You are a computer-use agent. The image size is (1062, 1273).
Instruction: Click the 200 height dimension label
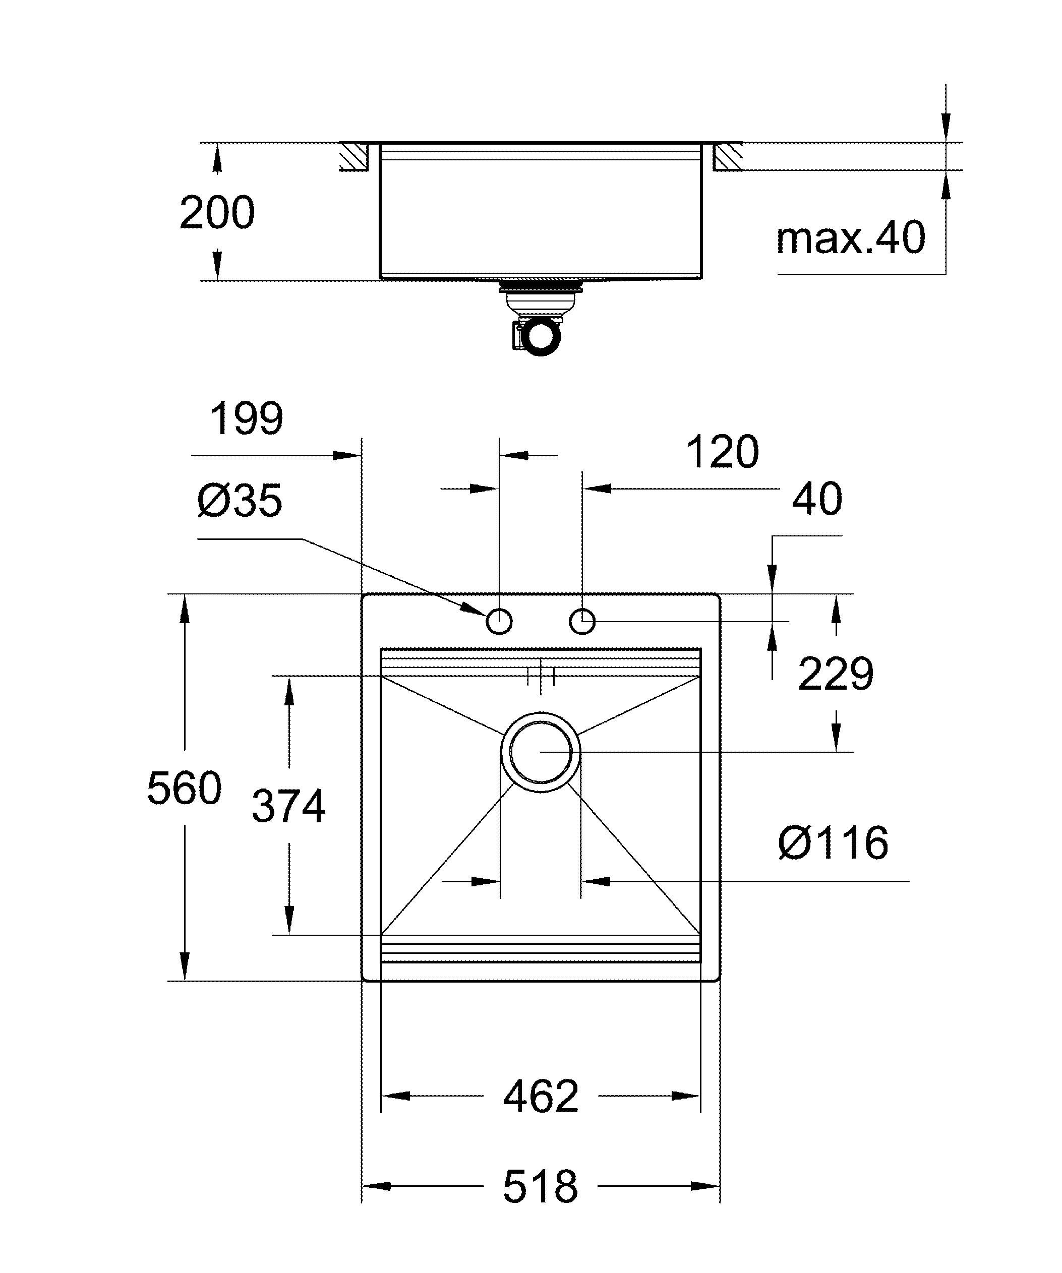pyautogui.click(x=217, y=213)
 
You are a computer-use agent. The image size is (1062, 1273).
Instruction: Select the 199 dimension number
pyautogui.click(x=246, y=418)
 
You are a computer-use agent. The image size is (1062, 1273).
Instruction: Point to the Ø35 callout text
pyautogui.click(x=240, y=501)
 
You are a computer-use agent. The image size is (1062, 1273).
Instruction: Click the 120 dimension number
pyautogui.click(x=722, y=452)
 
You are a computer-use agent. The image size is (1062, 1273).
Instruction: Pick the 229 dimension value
pyautogui.click(x=835, y=674)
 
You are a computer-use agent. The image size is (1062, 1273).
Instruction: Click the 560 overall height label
pyautogui.click(x=184, y=788)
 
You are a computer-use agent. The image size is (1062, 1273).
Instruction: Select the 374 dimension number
pyautogui.click(x=288, y=806)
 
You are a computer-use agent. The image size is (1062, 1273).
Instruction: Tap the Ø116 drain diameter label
pyautogui.click(x=833, y=842)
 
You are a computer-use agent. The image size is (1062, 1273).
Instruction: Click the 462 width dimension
pyautogui.click(x=541, y=1096)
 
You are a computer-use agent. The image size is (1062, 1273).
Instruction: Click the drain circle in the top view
pyautogui.click(x=541, y=752)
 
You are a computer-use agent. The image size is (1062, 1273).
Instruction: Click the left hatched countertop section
pyautogui.click(x=355, y=156)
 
